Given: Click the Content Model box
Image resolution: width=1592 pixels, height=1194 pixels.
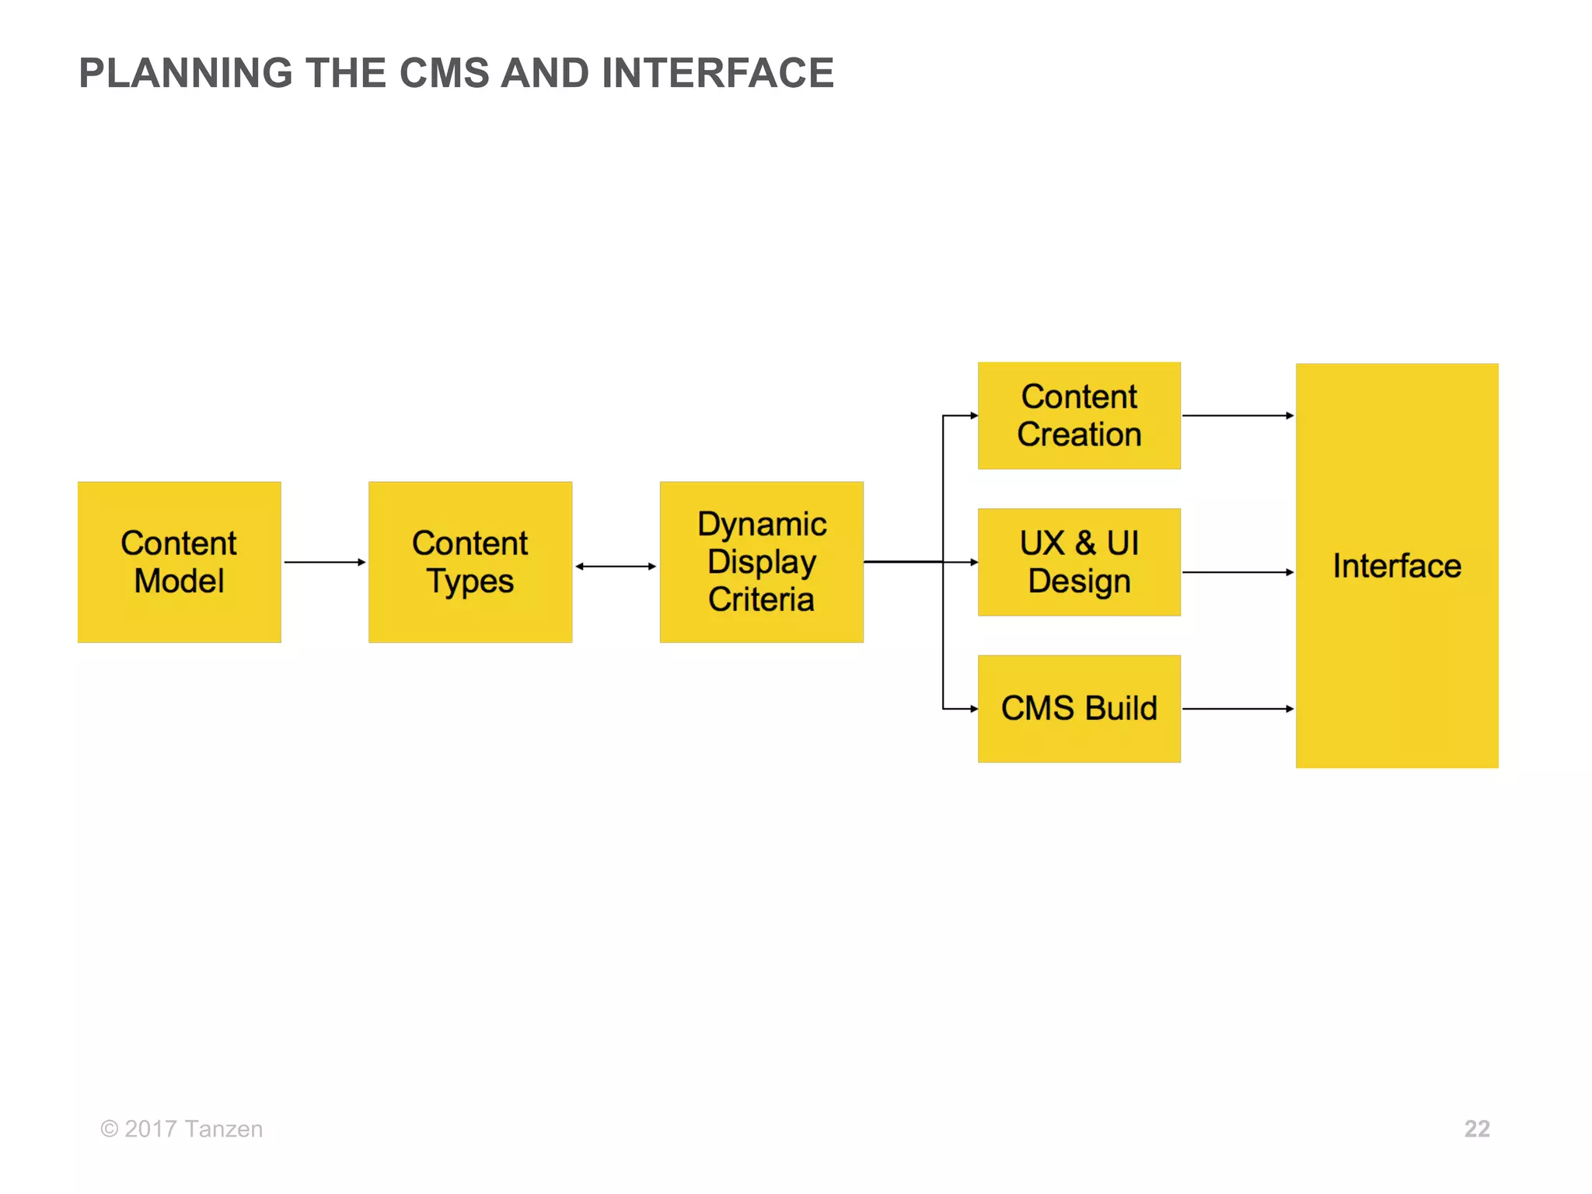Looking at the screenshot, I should [179, 561].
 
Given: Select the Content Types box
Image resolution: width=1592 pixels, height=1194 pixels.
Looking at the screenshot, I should [470, 561].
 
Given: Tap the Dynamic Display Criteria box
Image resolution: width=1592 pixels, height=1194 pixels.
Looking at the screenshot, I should [761, 561].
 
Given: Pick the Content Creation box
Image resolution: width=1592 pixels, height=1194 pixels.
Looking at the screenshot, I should [1079, 415].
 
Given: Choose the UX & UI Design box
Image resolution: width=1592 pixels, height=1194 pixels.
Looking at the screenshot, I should [1079, 561].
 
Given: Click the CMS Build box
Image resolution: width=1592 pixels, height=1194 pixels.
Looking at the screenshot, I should [1079, 708].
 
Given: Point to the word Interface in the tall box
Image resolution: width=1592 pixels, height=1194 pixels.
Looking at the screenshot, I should [1397, 566].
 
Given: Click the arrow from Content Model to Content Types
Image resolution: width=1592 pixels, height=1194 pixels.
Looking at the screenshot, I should [324, 561].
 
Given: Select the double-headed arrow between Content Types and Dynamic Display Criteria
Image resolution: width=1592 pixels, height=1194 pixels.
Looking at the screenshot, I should [616, 566].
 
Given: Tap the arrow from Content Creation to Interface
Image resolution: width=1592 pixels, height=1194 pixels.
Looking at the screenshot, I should [1238, 415].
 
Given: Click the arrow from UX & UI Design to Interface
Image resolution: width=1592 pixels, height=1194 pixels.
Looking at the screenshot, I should [1238, 572].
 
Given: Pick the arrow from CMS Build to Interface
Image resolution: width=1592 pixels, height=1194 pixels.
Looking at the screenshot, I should [1238, 708].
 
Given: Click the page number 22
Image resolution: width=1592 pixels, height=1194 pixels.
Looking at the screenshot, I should [1476, 1129].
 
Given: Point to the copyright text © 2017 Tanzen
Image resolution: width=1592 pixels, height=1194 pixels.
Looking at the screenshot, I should [181, 1129].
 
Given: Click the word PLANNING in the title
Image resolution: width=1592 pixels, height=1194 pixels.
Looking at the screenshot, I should [186, 73].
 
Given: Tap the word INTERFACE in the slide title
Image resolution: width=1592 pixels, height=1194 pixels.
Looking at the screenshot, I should [717, 73].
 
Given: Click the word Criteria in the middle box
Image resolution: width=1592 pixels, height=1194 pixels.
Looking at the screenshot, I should [761, 599].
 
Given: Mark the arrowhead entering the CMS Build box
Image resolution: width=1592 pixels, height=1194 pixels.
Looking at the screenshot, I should [973, 708].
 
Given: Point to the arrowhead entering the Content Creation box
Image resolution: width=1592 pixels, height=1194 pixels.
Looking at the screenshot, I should [973, 415].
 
